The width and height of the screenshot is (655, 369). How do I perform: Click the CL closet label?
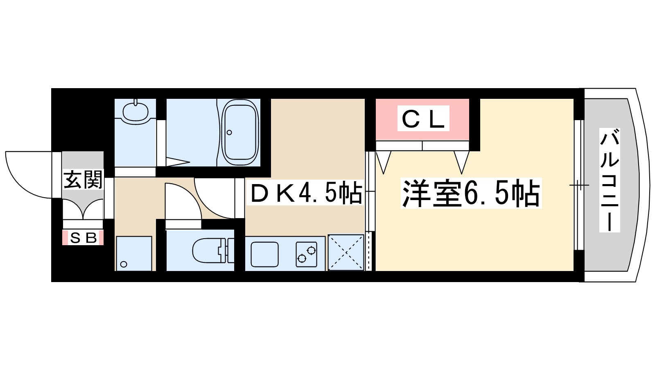click(x=423, y=119)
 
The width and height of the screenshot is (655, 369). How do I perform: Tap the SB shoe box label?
click(x=83, y=238)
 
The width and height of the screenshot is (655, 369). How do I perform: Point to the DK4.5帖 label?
click(x=306, y=193)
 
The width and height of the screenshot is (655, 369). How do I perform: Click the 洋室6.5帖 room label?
click(x=471, y=193)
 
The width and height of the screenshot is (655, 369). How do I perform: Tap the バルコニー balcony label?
click(x=610, y=180)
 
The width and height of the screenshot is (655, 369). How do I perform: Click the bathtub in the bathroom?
click(x=240, y=132)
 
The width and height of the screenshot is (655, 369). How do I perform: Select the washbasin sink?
click(x=136, y=112)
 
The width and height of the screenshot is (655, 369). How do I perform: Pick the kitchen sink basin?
click(x=265, y=254)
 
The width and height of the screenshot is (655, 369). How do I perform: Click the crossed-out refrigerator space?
click(x=346, y=253)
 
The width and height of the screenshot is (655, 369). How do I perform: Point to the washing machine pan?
click(x=134, y=253)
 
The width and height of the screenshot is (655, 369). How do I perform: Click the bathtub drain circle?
click(x=229, y=132)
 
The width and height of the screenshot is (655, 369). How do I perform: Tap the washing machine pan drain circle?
click(x=124, y=264)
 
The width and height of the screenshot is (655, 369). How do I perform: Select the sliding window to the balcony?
click(x=578, y=185)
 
